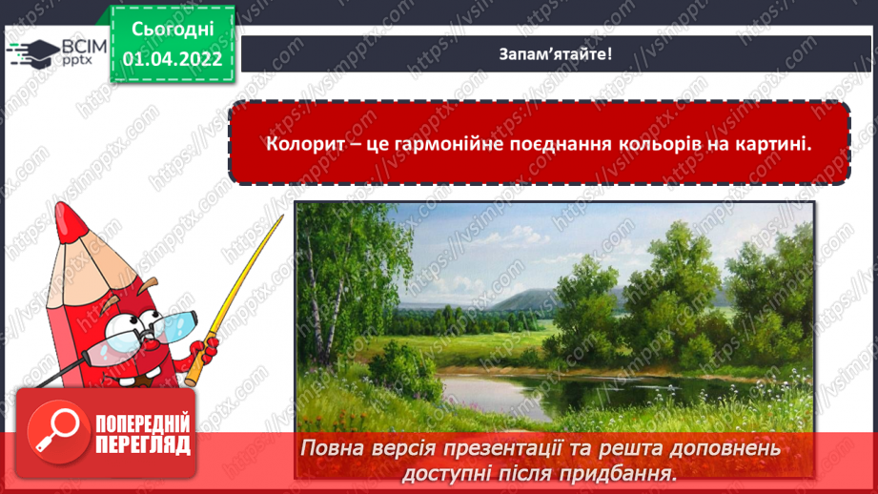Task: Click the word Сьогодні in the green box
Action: [173, 31]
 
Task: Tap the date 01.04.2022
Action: [173, 59]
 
